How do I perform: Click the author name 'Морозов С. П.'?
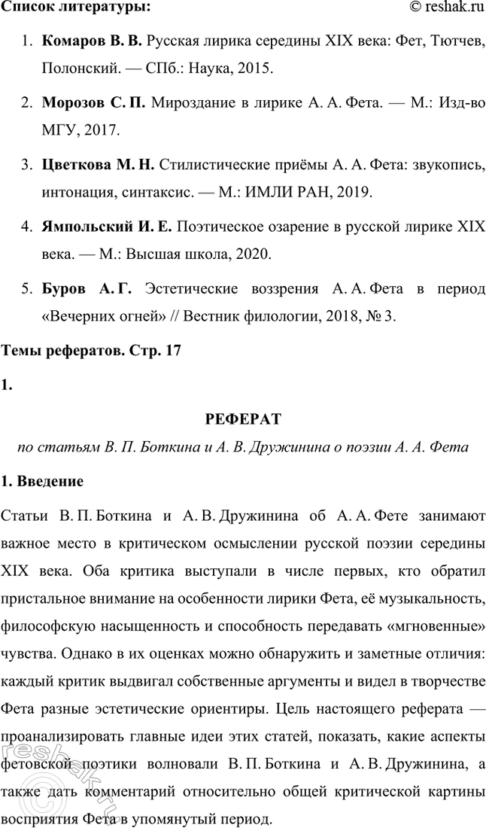[x=94, y=102]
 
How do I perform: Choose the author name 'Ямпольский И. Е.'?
[x=108, y=225]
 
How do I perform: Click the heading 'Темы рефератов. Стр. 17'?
[x=93, y=350]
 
